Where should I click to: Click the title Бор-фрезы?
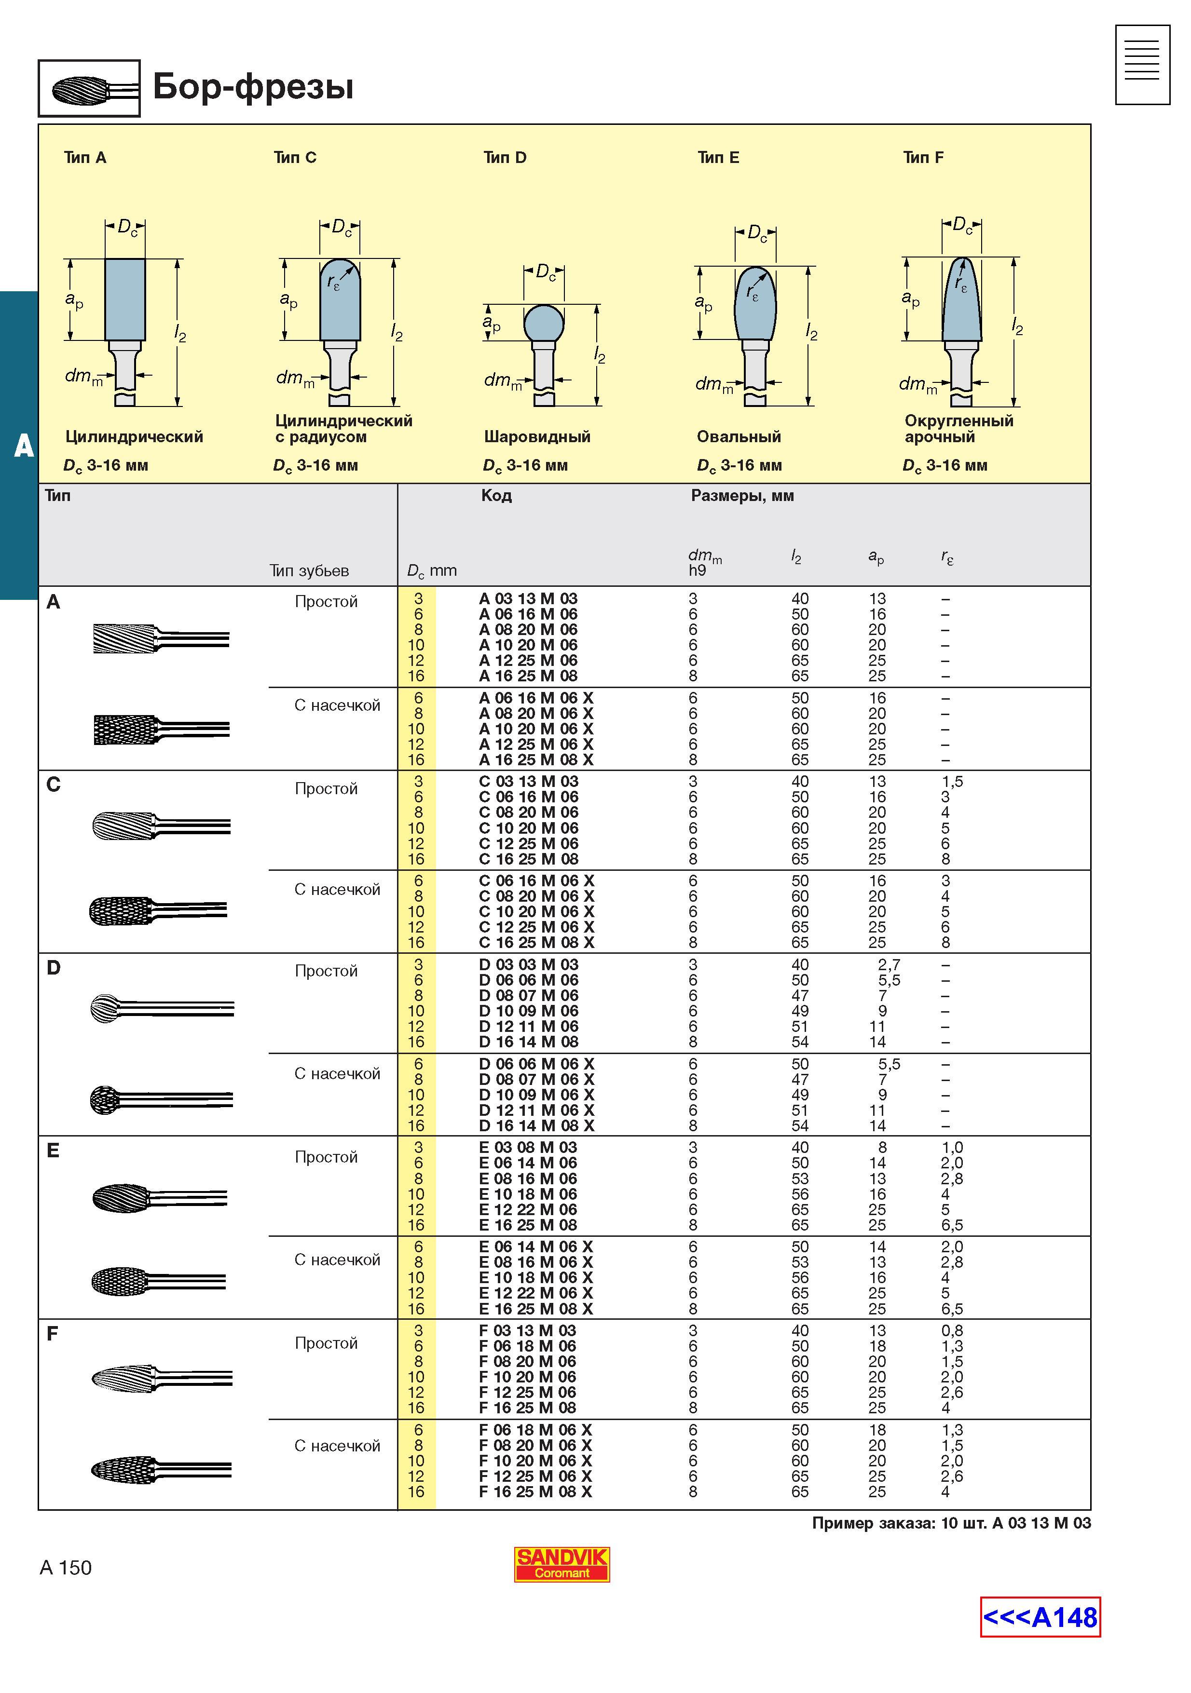tap(253, 87)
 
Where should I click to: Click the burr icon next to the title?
tap(89, 89)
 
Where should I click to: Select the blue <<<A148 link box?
tap(1040, 1617)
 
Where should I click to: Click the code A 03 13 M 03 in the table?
tap(528, 599)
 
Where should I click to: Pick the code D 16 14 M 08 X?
tap(536, 1126)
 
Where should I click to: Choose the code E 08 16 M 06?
tap(528, 1178)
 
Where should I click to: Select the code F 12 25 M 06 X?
tap(535, 1476)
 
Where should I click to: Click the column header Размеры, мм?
tap(742, 496)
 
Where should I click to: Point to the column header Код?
tap(496, 496)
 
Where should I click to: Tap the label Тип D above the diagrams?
tap(505, 157)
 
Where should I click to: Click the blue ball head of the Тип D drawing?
tap(544, 324)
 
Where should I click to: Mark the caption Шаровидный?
tap(537, 436)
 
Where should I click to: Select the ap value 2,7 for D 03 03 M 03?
tap(889, 964)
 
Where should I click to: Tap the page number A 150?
tap(66, 1568)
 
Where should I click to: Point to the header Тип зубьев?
tap(309, 571)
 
